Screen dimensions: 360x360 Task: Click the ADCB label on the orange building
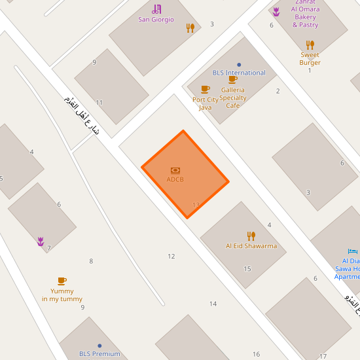(175, 179)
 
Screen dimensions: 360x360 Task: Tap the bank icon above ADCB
(175, 170)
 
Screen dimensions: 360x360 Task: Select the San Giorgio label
(156, 20)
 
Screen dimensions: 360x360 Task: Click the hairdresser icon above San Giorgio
(156, 9)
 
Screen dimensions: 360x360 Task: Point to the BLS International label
(239, 73)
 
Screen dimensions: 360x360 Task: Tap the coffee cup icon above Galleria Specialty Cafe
(232, 79)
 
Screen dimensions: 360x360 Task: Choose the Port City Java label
(206, 103)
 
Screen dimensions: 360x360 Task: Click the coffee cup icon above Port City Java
(205, 89)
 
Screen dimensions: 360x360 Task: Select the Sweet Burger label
(310, 59)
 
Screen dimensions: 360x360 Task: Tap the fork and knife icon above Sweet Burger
(310, 45)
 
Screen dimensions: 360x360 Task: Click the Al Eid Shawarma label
(251, 246)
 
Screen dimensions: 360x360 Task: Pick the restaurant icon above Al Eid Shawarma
(251, 236)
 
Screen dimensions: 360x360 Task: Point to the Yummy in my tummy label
(62, 295)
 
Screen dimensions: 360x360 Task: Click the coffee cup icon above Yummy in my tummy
(62, 281)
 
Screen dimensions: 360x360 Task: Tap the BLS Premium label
(99, 354)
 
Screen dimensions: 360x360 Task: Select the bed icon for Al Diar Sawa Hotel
(353, 251)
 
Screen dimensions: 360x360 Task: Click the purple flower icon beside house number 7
(41, 242)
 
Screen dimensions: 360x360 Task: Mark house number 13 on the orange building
(196, 205)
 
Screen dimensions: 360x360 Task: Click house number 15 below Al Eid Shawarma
(247, 269)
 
